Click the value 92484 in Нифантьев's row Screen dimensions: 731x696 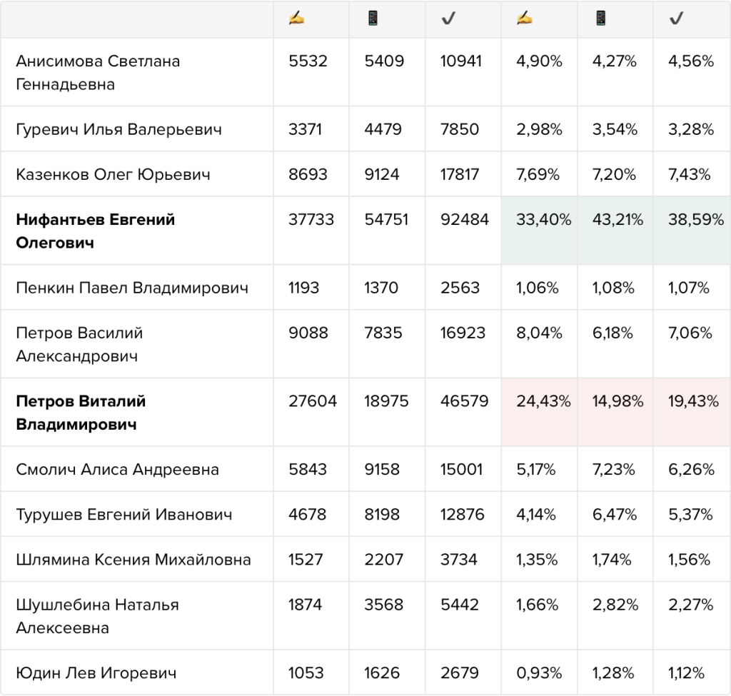(x=464, y=219)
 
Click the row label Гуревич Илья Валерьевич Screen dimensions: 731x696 (x=119, y=129)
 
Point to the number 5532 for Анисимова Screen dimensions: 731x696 (x=308, y=61)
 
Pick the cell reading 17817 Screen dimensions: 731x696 (x=460, y=174)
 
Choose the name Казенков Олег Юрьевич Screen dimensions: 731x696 (x=114, y=174)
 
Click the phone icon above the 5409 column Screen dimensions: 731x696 (x=373, y=18)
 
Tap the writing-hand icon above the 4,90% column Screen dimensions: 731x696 (x=525, y=18)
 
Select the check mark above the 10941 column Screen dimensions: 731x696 (x=448, y=18)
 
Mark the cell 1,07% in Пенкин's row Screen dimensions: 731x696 (x=689, y=288)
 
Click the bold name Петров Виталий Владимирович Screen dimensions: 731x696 (x=81, y=413)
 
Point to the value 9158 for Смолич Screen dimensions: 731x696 (x=382, y=470)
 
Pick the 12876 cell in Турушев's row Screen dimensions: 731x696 (x=463, y=515)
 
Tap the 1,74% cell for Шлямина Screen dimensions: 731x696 (x=612, y=560)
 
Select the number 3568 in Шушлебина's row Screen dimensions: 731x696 (x=383, y=605)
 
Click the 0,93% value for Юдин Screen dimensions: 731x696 (x=539, y=672)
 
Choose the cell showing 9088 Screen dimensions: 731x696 (x=308, y=333)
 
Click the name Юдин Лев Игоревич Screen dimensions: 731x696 (x=96, y=672)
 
